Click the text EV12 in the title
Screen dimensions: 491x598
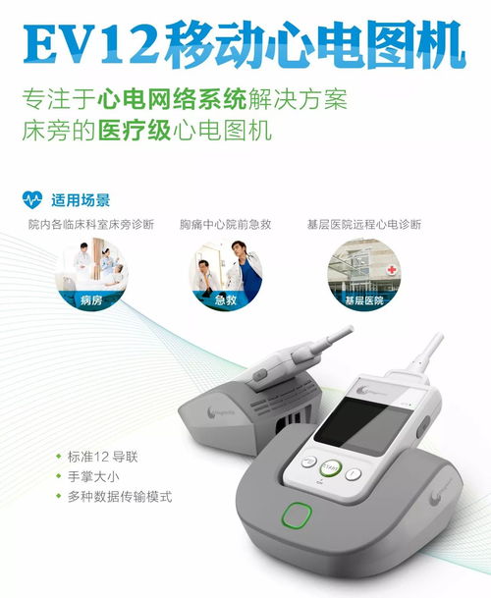point(91,43)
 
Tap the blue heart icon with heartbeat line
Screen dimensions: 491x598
point(32,199)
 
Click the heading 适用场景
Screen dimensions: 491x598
point(81,200)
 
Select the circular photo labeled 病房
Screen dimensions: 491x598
point(91,274)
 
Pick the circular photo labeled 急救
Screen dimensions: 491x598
point(226,274)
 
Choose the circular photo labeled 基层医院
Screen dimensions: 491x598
point(364,274)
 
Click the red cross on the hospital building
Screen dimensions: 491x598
point(392,270)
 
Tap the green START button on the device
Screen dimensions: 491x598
point(330,467)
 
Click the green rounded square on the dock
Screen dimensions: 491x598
point(297,516)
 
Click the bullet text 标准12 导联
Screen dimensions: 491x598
point(102,457)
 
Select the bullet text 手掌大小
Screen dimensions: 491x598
point(93,476)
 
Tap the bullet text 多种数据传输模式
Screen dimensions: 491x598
point(120,497)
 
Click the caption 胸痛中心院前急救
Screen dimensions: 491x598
point(226,224)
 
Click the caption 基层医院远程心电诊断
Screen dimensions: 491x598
point(364,224)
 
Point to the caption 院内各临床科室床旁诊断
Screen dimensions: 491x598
point(91,224)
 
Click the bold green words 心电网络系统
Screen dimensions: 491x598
point(172,100)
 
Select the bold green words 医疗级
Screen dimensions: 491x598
point(135,131)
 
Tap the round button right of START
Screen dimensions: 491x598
point(354,474)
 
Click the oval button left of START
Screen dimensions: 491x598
point(309,462)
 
